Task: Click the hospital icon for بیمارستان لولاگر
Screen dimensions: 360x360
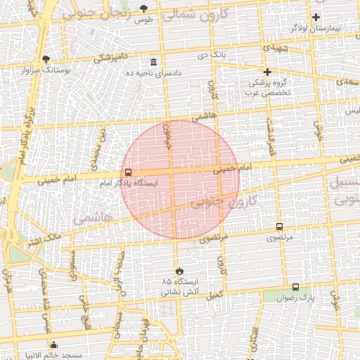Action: coord(316,17)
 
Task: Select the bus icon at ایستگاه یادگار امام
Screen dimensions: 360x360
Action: coord(128,172)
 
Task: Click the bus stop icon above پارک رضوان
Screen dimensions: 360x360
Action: coord(295,287)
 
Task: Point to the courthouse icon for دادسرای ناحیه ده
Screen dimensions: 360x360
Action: coord(154,63)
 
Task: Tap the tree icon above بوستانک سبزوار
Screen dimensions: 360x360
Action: coord(46,60)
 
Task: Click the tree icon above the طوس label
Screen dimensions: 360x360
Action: coord(144,8)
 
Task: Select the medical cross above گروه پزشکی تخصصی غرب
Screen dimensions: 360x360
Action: coord(267,72)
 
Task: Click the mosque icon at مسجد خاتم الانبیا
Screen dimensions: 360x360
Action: coord(54,345)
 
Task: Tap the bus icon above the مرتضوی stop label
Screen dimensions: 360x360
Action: coord(280,226)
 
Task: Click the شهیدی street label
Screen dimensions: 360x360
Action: coord(276,46)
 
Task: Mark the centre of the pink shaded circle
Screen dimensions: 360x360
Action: coord(180,179)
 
